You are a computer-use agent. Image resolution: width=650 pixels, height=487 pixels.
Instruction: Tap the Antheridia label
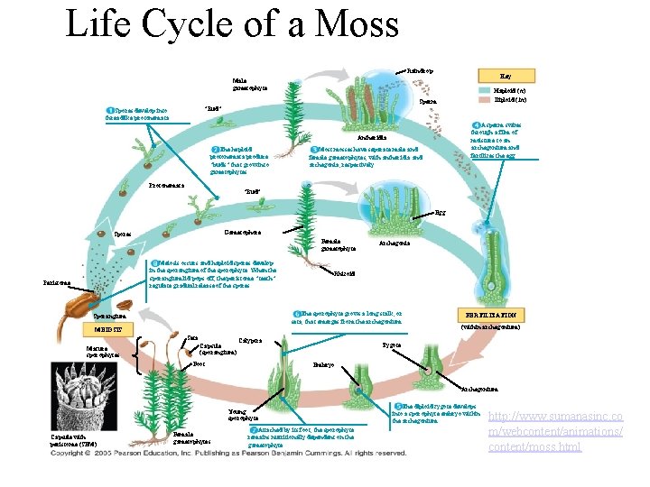373,137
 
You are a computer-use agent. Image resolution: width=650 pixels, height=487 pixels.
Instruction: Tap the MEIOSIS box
104,328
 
